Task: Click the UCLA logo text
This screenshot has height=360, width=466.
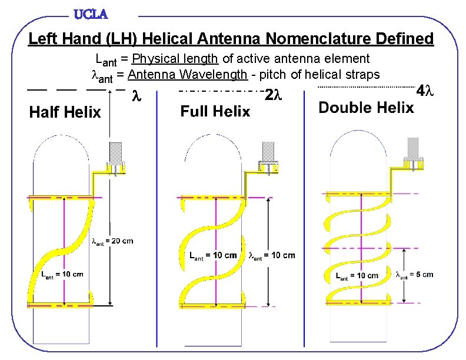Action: tap(91, 13)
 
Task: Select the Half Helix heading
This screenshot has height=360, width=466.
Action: tap(65, 112)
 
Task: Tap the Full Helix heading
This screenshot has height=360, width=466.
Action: tap(215, 111)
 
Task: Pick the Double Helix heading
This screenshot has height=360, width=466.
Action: tap(366, 107)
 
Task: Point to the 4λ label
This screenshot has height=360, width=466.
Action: tap(424, 92)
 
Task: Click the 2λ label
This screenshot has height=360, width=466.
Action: tap(274, 94)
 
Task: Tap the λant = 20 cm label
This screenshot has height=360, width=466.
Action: tap(112, 240)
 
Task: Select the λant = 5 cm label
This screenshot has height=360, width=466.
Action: tap(415, 274)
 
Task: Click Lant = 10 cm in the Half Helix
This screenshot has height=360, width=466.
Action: tap(62, 274)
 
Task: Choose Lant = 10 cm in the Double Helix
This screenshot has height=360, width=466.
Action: tap(357, 275)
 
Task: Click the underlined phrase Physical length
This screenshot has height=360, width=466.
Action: tap(175, 58)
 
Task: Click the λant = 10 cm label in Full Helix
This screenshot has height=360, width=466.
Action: tap(272, 255)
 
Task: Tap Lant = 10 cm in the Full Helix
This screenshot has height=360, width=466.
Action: tap(213, 255)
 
